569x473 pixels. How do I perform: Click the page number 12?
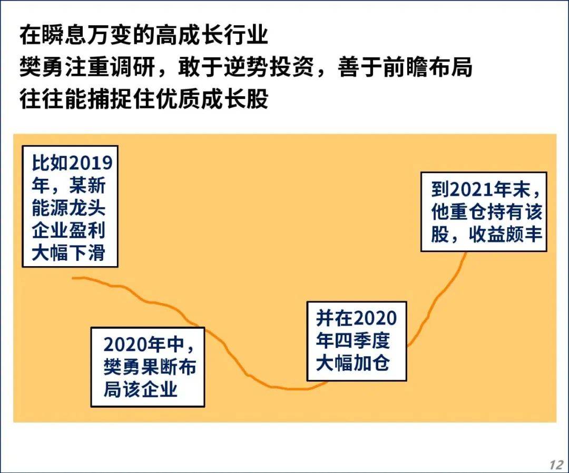pyautogui.click(x=556, y=464)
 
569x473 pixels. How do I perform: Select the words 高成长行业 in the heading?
pyautogui.click(x=212, y=35)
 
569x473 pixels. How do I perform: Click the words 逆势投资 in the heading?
pyautogui.click(x=269, y=67)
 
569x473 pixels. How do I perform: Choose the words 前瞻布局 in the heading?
pyautogui.click(x=427, y=67)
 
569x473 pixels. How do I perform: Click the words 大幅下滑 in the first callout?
pyautogui.click(x=68, y=253)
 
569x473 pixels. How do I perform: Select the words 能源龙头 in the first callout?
pyautogui.click(x=68, y=208)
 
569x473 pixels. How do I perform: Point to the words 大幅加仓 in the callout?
pyautogui.click(x=352, y=363)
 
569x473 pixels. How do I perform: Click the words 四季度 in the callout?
pyautogui.click(x=362, y=340)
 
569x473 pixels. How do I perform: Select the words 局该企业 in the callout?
pyautogui.click(x=141, y=389)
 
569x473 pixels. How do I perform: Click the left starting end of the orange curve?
pyautogui.click(x=73, y=278)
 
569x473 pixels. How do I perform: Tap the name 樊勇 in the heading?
pyautogui.click(x=42, y=67)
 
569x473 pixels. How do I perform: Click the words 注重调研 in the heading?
pyautogui.click(x=110, y=67)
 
